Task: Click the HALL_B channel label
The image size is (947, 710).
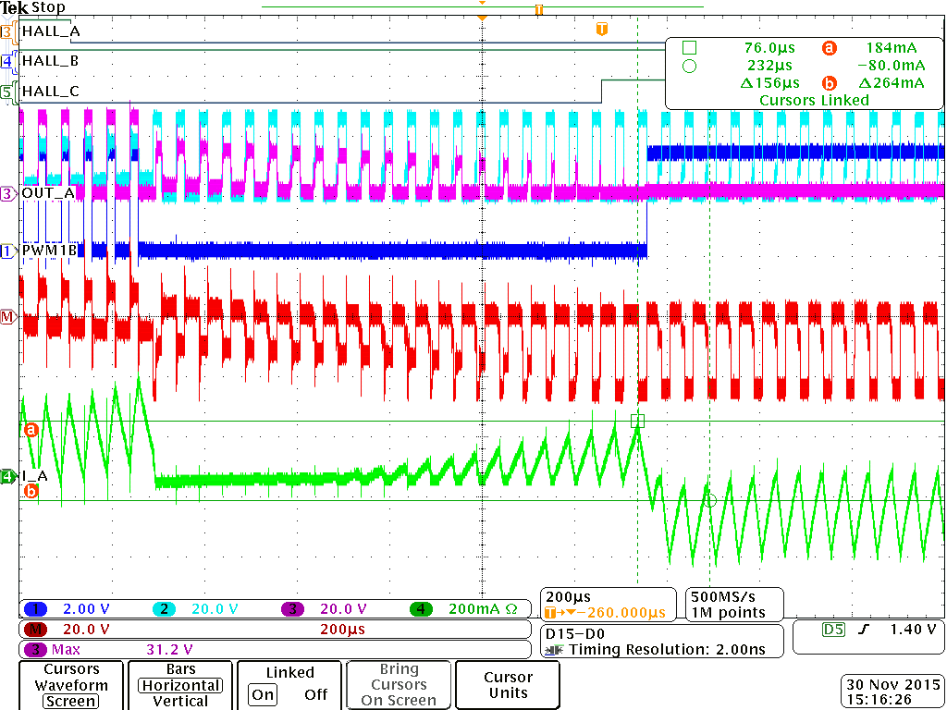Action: pos(50,61)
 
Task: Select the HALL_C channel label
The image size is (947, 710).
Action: pos(50,91)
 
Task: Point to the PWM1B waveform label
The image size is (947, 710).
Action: pos(47,250)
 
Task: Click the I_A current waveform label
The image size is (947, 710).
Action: pos(35,476)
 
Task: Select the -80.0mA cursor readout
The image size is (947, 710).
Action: pos(891,66)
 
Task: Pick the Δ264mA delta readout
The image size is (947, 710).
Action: pos(891,83)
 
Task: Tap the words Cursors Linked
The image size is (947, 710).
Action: pos(814,100)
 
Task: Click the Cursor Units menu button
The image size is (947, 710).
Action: pos(508,685)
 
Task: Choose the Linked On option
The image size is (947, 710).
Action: pos(264,694)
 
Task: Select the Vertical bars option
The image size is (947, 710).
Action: pos(180,702)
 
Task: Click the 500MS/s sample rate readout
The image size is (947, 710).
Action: pos(727,596)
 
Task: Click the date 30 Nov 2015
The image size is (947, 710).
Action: pos(891,685)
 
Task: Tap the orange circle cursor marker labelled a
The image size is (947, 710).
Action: pos(31,429)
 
